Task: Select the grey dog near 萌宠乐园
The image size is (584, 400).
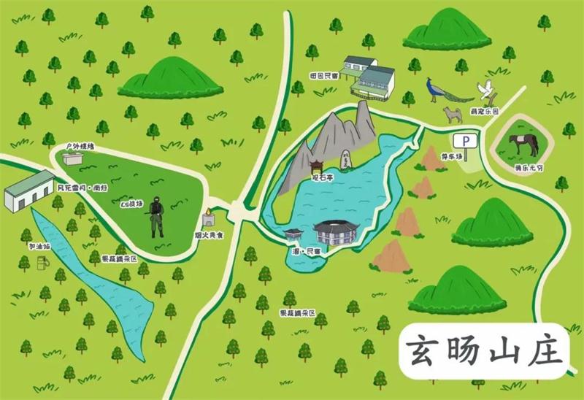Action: click(x=450, y=115)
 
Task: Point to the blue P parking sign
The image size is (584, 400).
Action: click(x=461, y=139)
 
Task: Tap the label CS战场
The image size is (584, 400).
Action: click(x=133, y=205)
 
